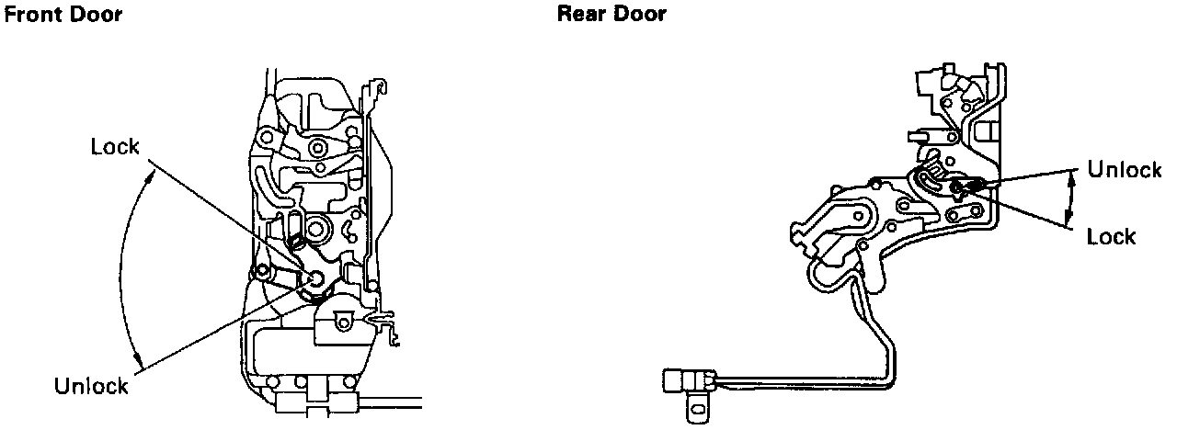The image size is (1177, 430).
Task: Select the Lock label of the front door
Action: coord(114,147)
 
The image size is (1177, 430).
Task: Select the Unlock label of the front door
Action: coord(90,387)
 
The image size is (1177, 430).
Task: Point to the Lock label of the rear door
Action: coord(1111,237)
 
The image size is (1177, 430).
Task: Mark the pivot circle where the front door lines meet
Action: coord(314,279)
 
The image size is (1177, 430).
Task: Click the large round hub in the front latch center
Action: coord(321,227)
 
